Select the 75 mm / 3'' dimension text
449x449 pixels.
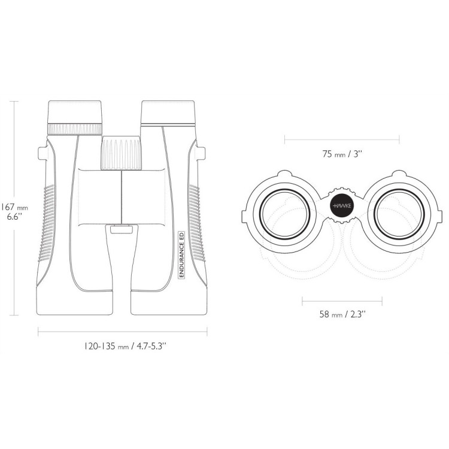pyautogui.click(x=342, y=154)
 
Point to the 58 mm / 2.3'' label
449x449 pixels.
pyautogui.click(x=342, y=314)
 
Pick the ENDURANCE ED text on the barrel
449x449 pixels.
pyautogui.click(x=181, y=254)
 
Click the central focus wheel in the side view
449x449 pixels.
pyautogui.click(x=122, y=153)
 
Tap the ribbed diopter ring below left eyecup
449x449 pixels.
pyautogui.click(x=75, y=129)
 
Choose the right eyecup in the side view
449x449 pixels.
pyautogui.click(x=168, y=113)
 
